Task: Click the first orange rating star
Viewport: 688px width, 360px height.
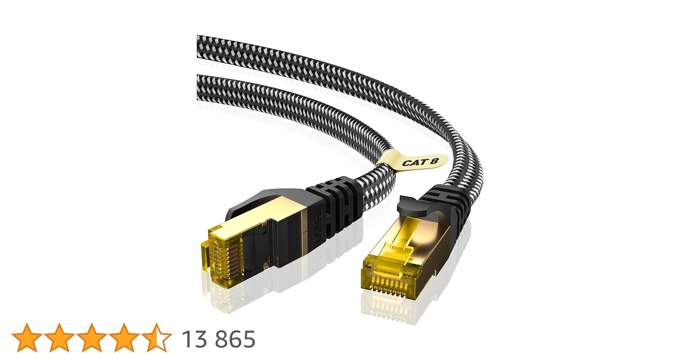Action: [27, 337]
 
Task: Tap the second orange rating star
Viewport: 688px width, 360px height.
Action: [59, 337]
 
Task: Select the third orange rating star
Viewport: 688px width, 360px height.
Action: [91, 337]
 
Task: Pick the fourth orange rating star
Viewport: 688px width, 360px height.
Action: [124, 337]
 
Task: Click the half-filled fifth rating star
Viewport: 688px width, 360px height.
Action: [156, 337]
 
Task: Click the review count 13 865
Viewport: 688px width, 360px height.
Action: [218, 339]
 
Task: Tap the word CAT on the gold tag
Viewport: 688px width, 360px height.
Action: [414, 162]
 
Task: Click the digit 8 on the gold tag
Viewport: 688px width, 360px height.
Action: [434, 160]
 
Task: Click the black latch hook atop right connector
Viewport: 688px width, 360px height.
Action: [409, 205]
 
